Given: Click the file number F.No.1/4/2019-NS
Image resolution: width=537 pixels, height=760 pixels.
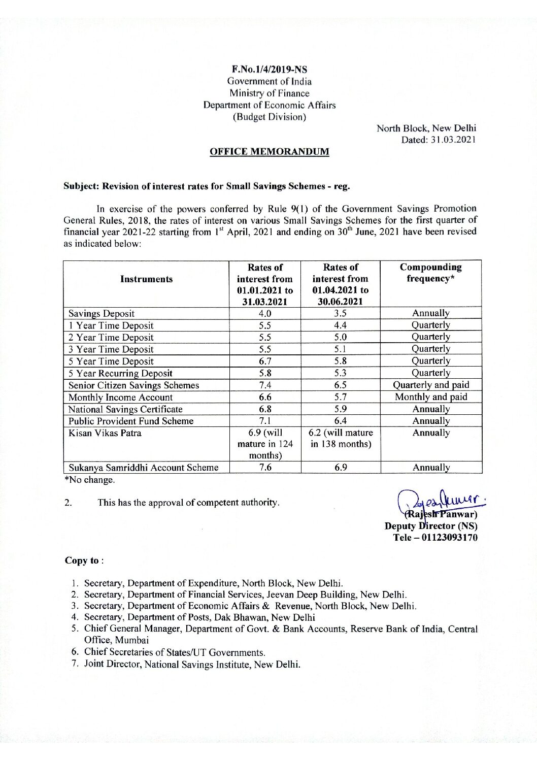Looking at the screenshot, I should point(269,69).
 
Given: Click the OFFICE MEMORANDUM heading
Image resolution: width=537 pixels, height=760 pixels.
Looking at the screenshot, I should point(269,151).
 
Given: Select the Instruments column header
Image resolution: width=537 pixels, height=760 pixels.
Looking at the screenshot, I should point(146,279).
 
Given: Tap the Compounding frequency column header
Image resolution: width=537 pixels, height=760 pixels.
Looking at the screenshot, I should point(430,273).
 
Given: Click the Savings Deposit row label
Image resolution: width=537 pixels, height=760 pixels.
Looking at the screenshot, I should point(102,313).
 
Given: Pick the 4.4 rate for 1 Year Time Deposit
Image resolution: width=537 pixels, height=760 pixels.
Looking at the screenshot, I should point(340,325).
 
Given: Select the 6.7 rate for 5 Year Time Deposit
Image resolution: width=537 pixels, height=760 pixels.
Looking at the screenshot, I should point(265,361).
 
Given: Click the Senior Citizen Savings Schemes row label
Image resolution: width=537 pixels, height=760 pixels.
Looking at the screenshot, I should point(133,385).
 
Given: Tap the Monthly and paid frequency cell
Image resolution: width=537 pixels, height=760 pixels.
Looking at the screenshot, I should point(431,397).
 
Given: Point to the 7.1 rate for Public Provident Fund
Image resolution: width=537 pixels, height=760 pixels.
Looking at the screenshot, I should point(265,421).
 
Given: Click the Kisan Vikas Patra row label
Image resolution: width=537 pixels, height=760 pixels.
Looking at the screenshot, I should point(105,433).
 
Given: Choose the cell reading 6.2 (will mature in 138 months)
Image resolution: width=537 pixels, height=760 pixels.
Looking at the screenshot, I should point(340,438).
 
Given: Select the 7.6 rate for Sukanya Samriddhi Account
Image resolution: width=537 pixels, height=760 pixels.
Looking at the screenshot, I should point(265,468).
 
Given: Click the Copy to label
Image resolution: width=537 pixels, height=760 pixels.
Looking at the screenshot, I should point(84,560).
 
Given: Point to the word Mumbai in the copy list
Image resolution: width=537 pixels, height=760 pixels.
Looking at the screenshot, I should point(116,640).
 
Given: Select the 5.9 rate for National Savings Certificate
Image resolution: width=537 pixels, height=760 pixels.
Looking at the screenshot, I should point(340,409).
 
